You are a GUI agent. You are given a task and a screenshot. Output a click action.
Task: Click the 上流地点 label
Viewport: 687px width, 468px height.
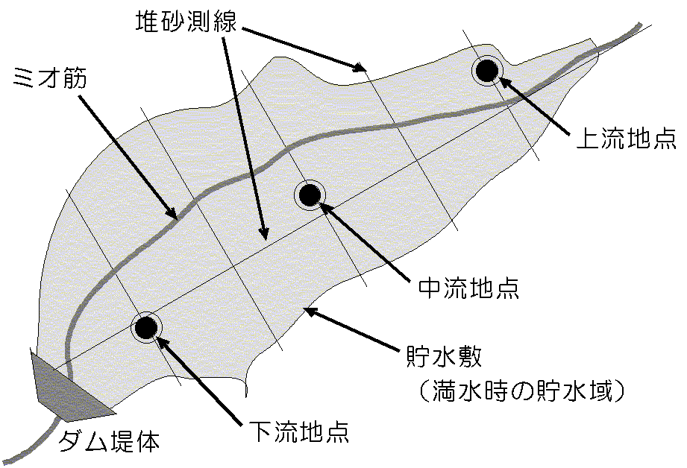click(x=626, y=139)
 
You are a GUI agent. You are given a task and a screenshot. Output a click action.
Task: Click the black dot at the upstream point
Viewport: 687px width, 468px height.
click(x=487, y=71)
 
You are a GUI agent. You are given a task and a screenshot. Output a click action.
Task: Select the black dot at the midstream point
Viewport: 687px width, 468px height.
click(x=310, y=195)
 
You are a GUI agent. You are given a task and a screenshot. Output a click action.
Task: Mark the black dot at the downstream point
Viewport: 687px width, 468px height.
click(x=146, y=326)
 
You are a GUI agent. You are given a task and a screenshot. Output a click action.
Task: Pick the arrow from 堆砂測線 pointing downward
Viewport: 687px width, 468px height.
click(x=244, y=135)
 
